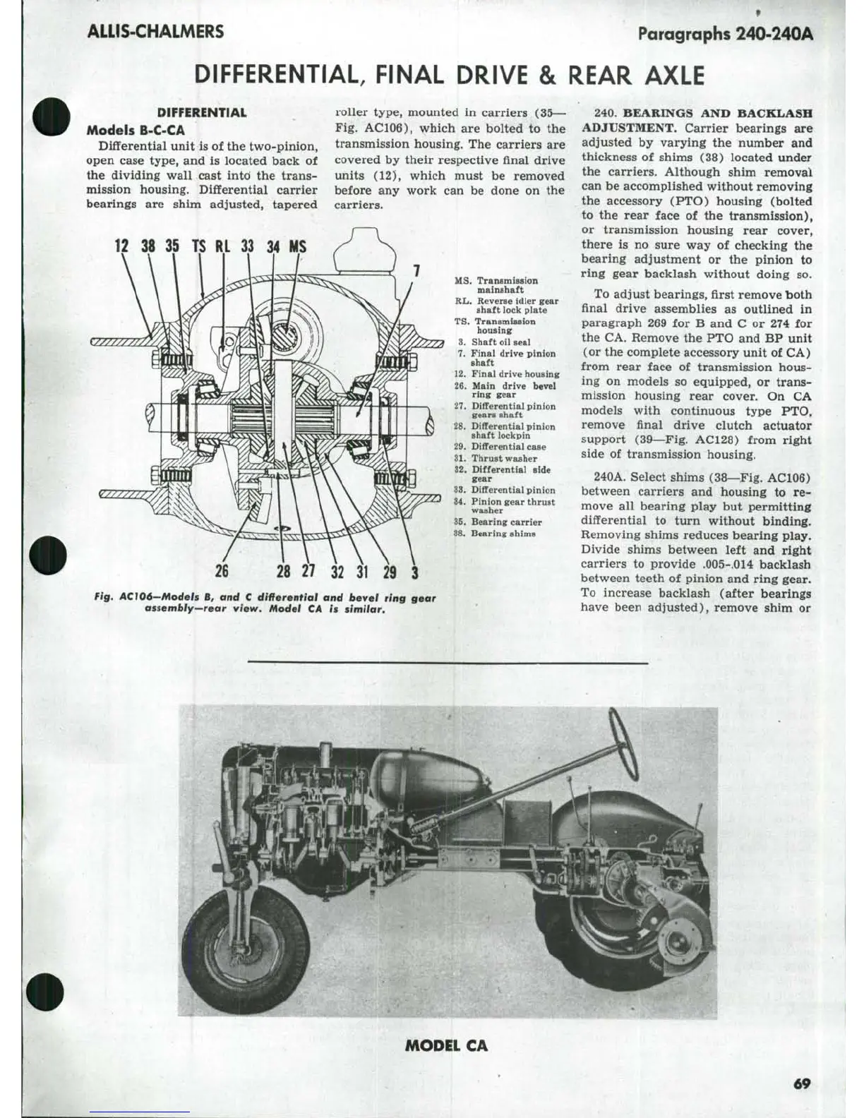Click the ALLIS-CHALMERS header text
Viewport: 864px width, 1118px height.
155,32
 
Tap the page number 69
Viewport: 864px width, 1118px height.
802,1083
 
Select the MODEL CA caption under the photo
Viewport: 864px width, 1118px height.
446,1045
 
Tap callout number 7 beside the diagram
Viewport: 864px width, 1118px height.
416,270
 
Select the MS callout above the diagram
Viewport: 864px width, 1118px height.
297,246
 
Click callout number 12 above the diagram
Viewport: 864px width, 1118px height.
122,246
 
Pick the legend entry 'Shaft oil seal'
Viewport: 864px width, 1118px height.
500,342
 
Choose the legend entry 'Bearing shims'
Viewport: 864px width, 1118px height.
503,534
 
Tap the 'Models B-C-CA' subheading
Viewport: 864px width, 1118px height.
136,131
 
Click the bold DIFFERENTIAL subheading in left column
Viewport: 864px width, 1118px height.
201,112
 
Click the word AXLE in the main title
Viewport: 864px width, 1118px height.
673,75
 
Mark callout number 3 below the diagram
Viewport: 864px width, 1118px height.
414,572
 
